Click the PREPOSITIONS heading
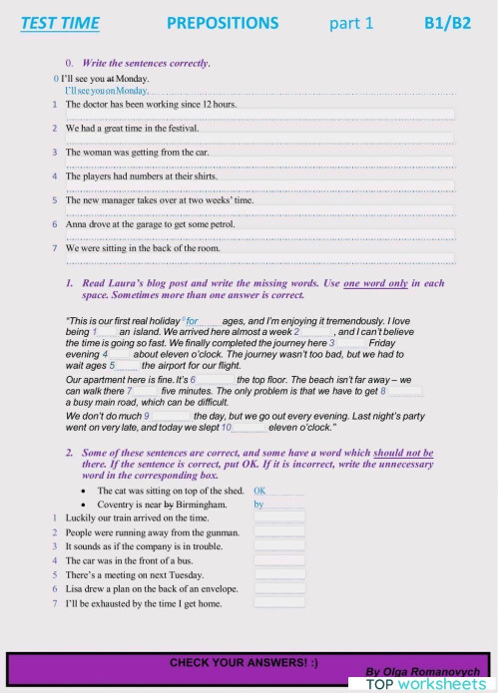223,23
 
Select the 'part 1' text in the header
351,23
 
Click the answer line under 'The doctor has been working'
258,115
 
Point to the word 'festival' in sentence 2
179,128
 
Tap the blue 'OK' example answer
260,492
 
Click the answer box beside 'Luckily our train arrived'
278,519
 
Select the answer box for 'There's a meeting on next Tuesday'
278,575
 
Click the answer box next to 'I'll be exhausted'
278,603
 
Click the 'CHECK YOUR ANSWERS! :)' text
244,662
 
